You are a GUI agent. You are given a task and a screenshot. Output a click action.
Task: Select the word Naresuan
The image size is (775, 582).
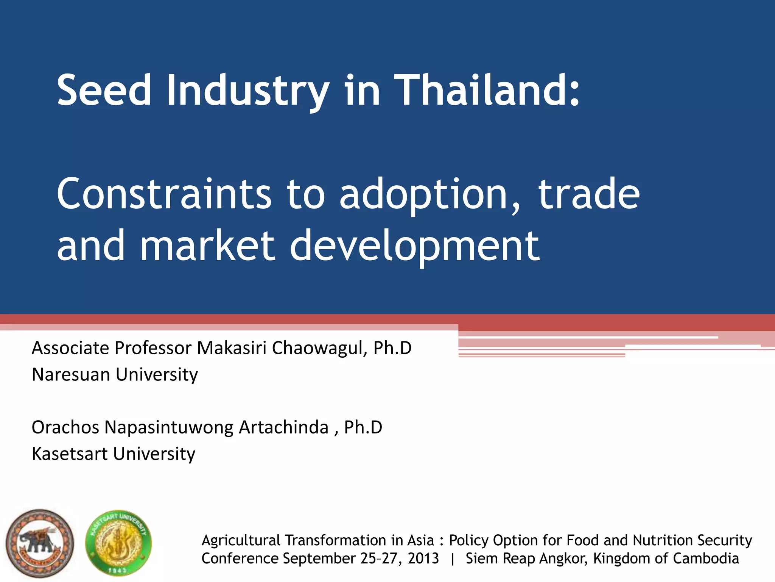click(72, 374)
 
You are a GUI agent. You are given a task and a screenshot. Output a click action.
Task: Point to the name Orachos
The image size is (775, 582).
click(65, 427)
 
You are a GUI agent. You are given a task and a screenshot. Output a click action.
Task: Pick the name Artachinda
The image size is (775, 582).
click(283, 427)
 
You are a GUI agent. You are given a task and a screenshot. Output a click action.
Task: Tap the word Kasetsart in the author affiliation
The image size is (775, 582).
click(70, 454)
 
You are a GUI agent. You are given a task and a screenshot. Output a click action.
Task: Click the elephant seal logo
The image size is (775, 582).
click(40, 543)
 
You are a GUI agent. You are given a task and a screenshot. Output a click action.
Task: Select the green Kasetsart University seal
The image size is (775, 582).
click(118, 543)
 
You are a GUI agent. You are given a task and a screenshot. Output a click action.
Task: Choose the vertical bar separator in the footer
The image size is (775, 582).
click(453, 559)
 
